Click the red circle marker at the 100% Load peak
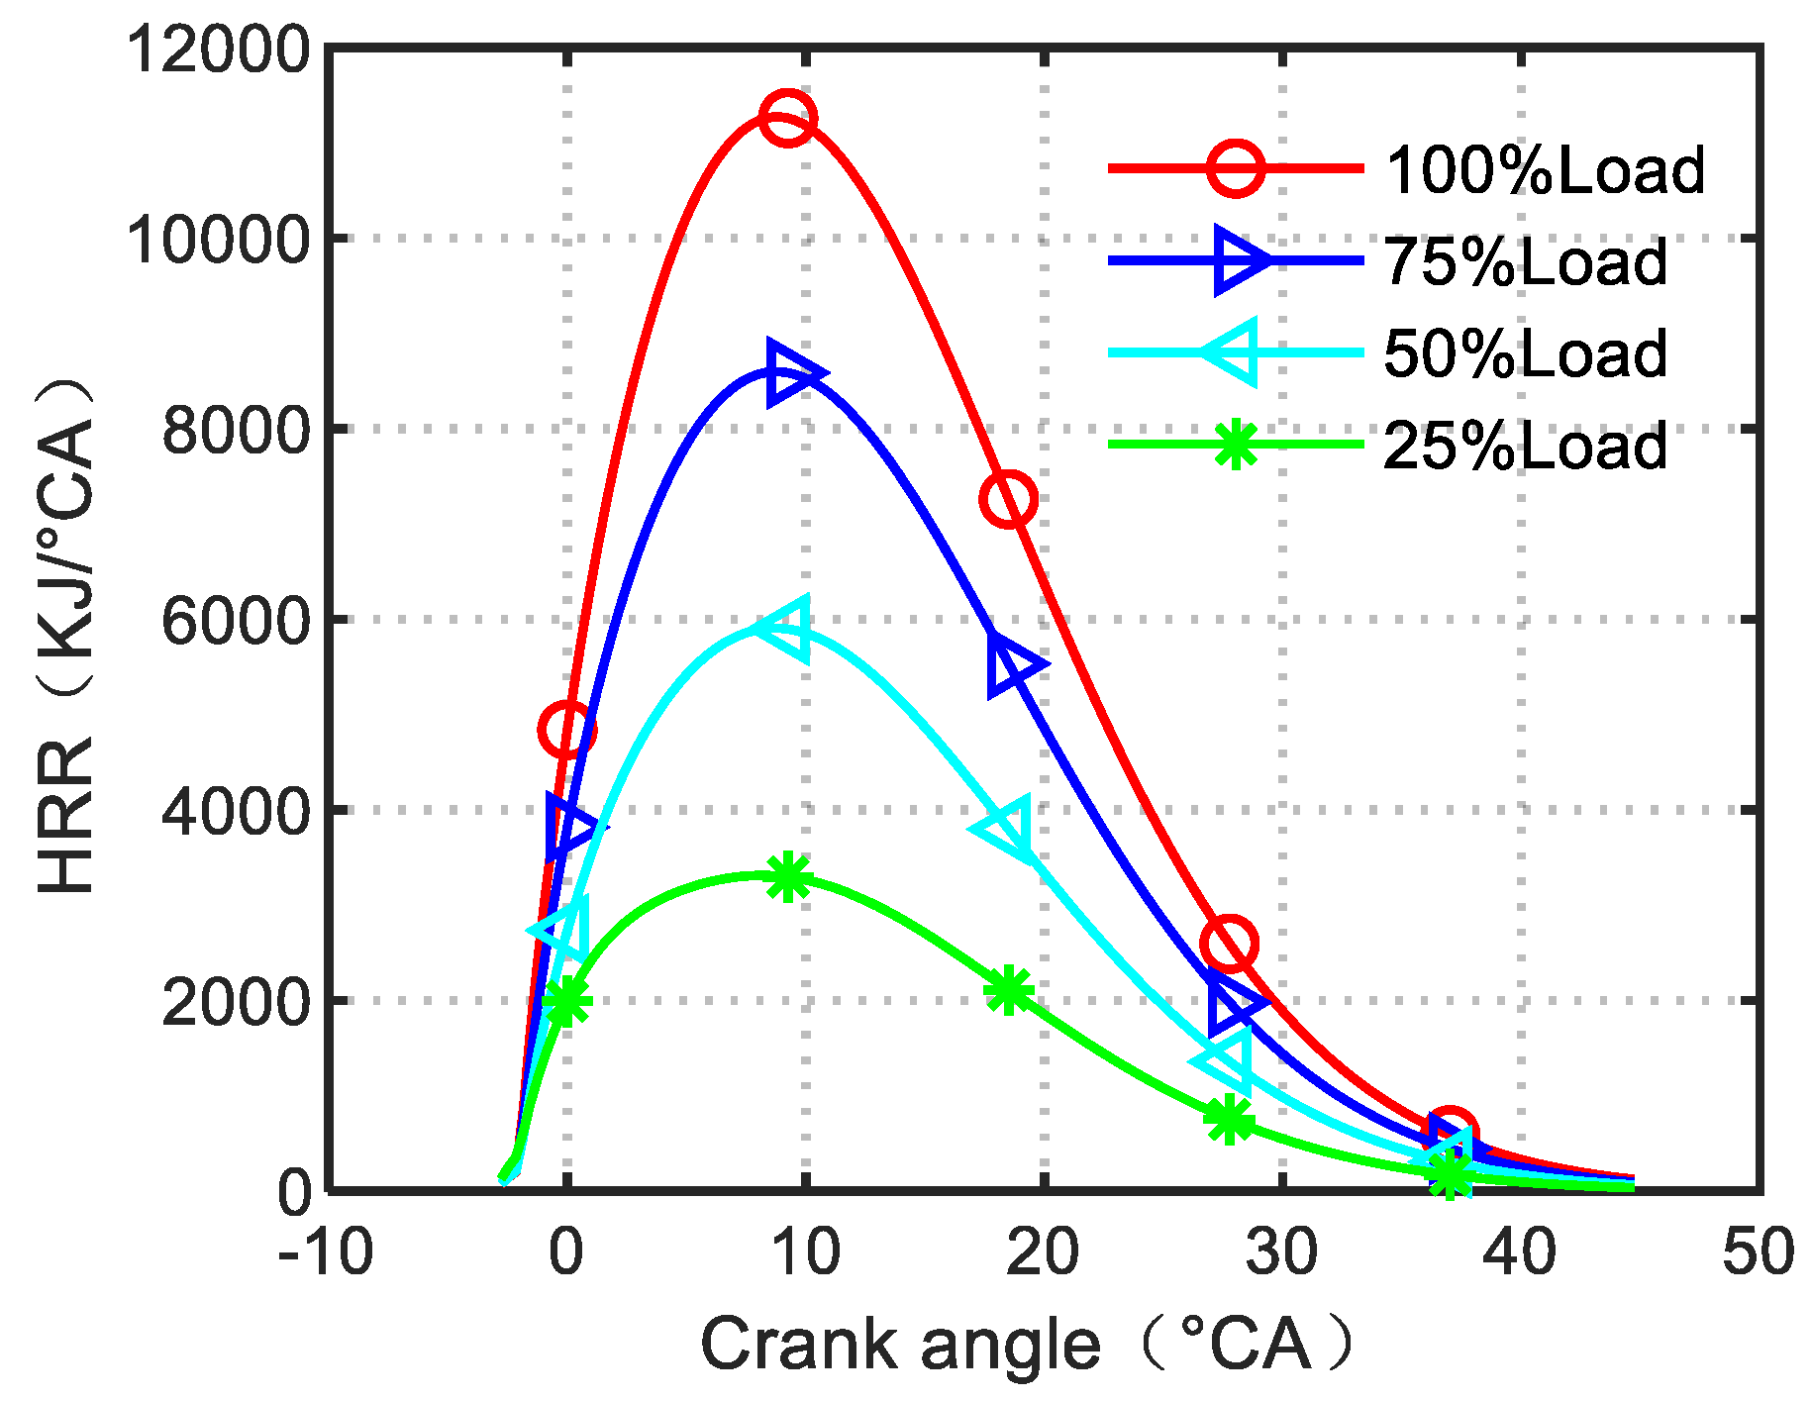[788, 118]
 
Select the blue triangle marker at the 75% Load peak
[793, 374]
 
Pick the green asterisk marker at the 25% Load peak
[788, 876]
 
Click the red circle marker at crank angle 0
[566, 731]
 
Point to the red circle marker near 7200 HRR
[1008, 499]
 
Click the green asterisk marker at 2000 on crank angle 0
[566, 1001]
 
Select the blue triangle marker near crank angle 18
[1012, 665]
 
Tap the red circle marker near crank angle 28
[1229, 944]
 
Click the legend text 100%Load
[1545, 170]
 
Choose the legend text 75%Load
[1525, 262]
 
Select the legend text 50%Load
[1525, 354]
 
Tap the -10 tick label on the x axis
[325, 1251]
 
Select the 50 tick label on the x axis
[1758, 1251]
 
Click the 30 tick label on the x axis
[1281, 1251]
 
